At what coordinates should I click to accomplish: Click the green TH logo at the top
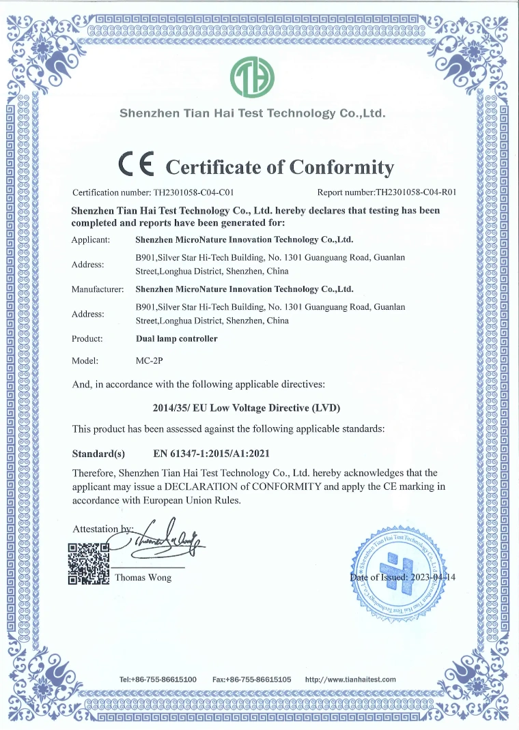(x=253, y=77)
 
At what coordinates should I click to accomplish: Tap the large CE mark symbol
(x=137, y=164)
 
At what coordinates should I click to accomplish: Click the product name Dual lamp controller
(x=177, y=338)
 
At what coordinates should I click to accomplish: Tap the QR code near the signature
(x=89, y=564)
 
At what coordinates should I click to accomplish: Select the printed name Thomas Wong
(x=143, y=578)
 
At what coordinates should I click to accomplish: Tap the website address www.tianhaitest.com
(x=350, y=680)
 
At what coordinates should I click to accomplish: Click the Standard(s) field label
(x=98, y=453)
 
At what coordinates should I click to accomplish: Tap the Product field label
(x=87, y=338)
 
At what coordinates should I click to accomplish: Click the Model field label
(x=85, y=360)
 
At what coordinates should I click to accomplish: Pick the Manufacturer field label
(x=98, y=289)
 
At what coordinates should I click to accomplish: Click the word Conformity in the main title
(x=342, y=166)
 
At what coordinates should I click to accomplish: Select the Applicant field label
(x=91, y=240)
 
